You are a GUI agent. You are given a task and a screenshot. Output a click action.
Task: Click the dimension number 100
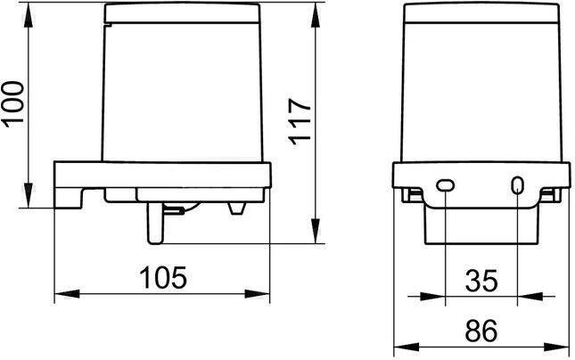14,104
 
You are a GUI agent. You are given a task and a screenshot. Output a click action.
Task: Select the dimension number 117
300,121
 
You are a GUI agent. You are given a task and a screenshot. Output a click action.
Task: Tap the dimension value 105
163,277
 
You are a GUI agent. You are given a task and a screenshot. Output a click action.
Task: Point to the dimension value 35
481,281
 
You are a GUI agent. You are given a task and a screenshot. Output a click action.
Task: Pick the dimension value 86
481,331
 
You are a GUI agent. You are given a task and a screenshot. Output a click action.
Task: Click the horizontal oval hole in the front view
445,185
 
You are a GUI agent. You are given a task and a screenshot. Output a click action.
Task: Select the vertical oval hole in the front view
517,185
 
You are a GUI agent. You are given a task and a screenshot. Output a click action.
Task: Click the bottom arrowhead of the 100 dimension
29,195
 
